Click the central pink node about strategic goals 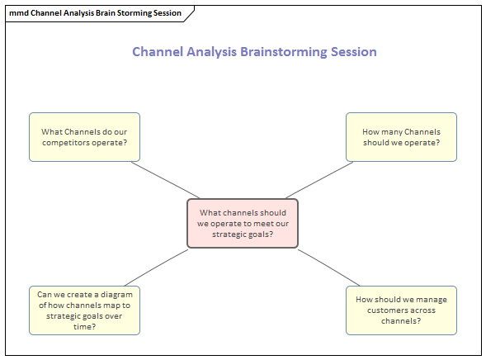[x=243, y=223]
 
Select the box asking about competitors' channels [x=84, y=137]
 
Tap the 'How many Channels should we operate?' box [x=401, y=137]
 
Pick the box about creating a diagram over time [x=84, y=310]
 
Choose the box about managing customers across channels [x=401, y=310]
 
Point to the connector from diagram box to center [x=163, y=267]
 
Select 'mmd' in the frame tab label [x=18, y=12]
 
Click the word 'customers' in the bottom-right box [x=392, y=310]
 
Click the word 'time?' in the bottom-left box [x=84, y=326]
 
